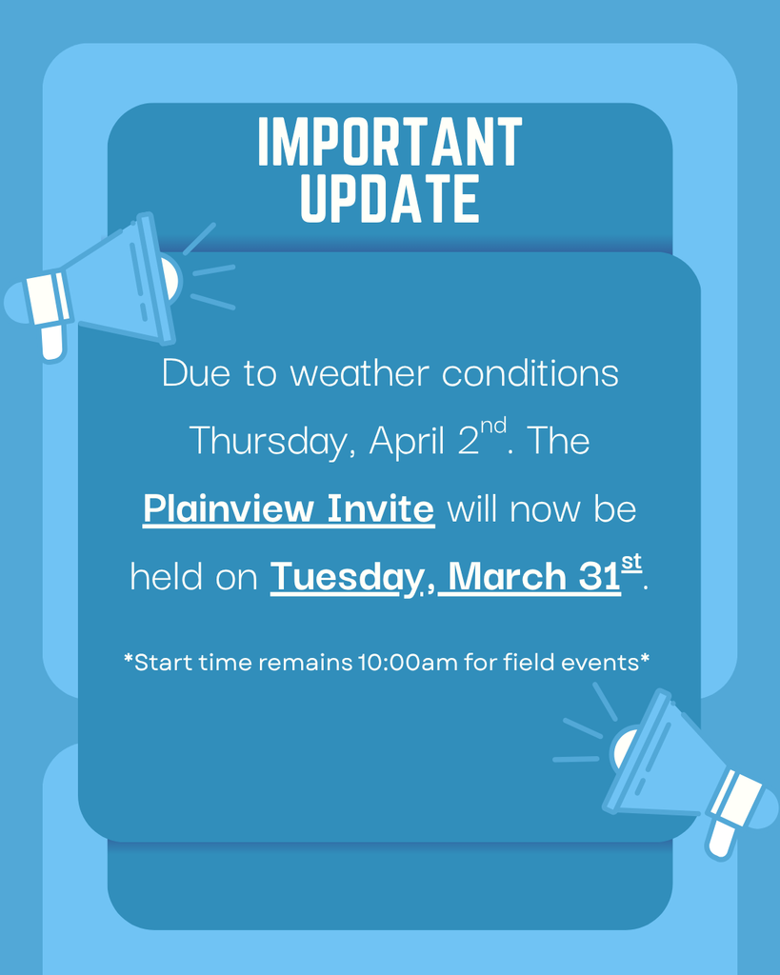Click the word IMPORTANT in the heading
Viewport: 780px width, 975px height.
pyautogui.click(x=390, y=143)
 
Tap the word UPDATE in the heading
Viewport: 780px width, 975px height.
pyautogui.click(x=390, y=198)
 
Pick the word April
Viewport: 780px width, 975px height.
pyautogui.click(x=409, y=441)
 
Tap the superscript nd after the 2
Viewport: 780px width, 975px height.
pyautogui.click(x=493, y=425)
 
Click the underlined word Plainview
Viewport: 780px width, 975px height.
pyautogui.click(x=229, y=508)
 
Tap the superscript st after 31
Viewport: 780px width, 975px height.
pyautogui.click(x=631, y=563)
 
